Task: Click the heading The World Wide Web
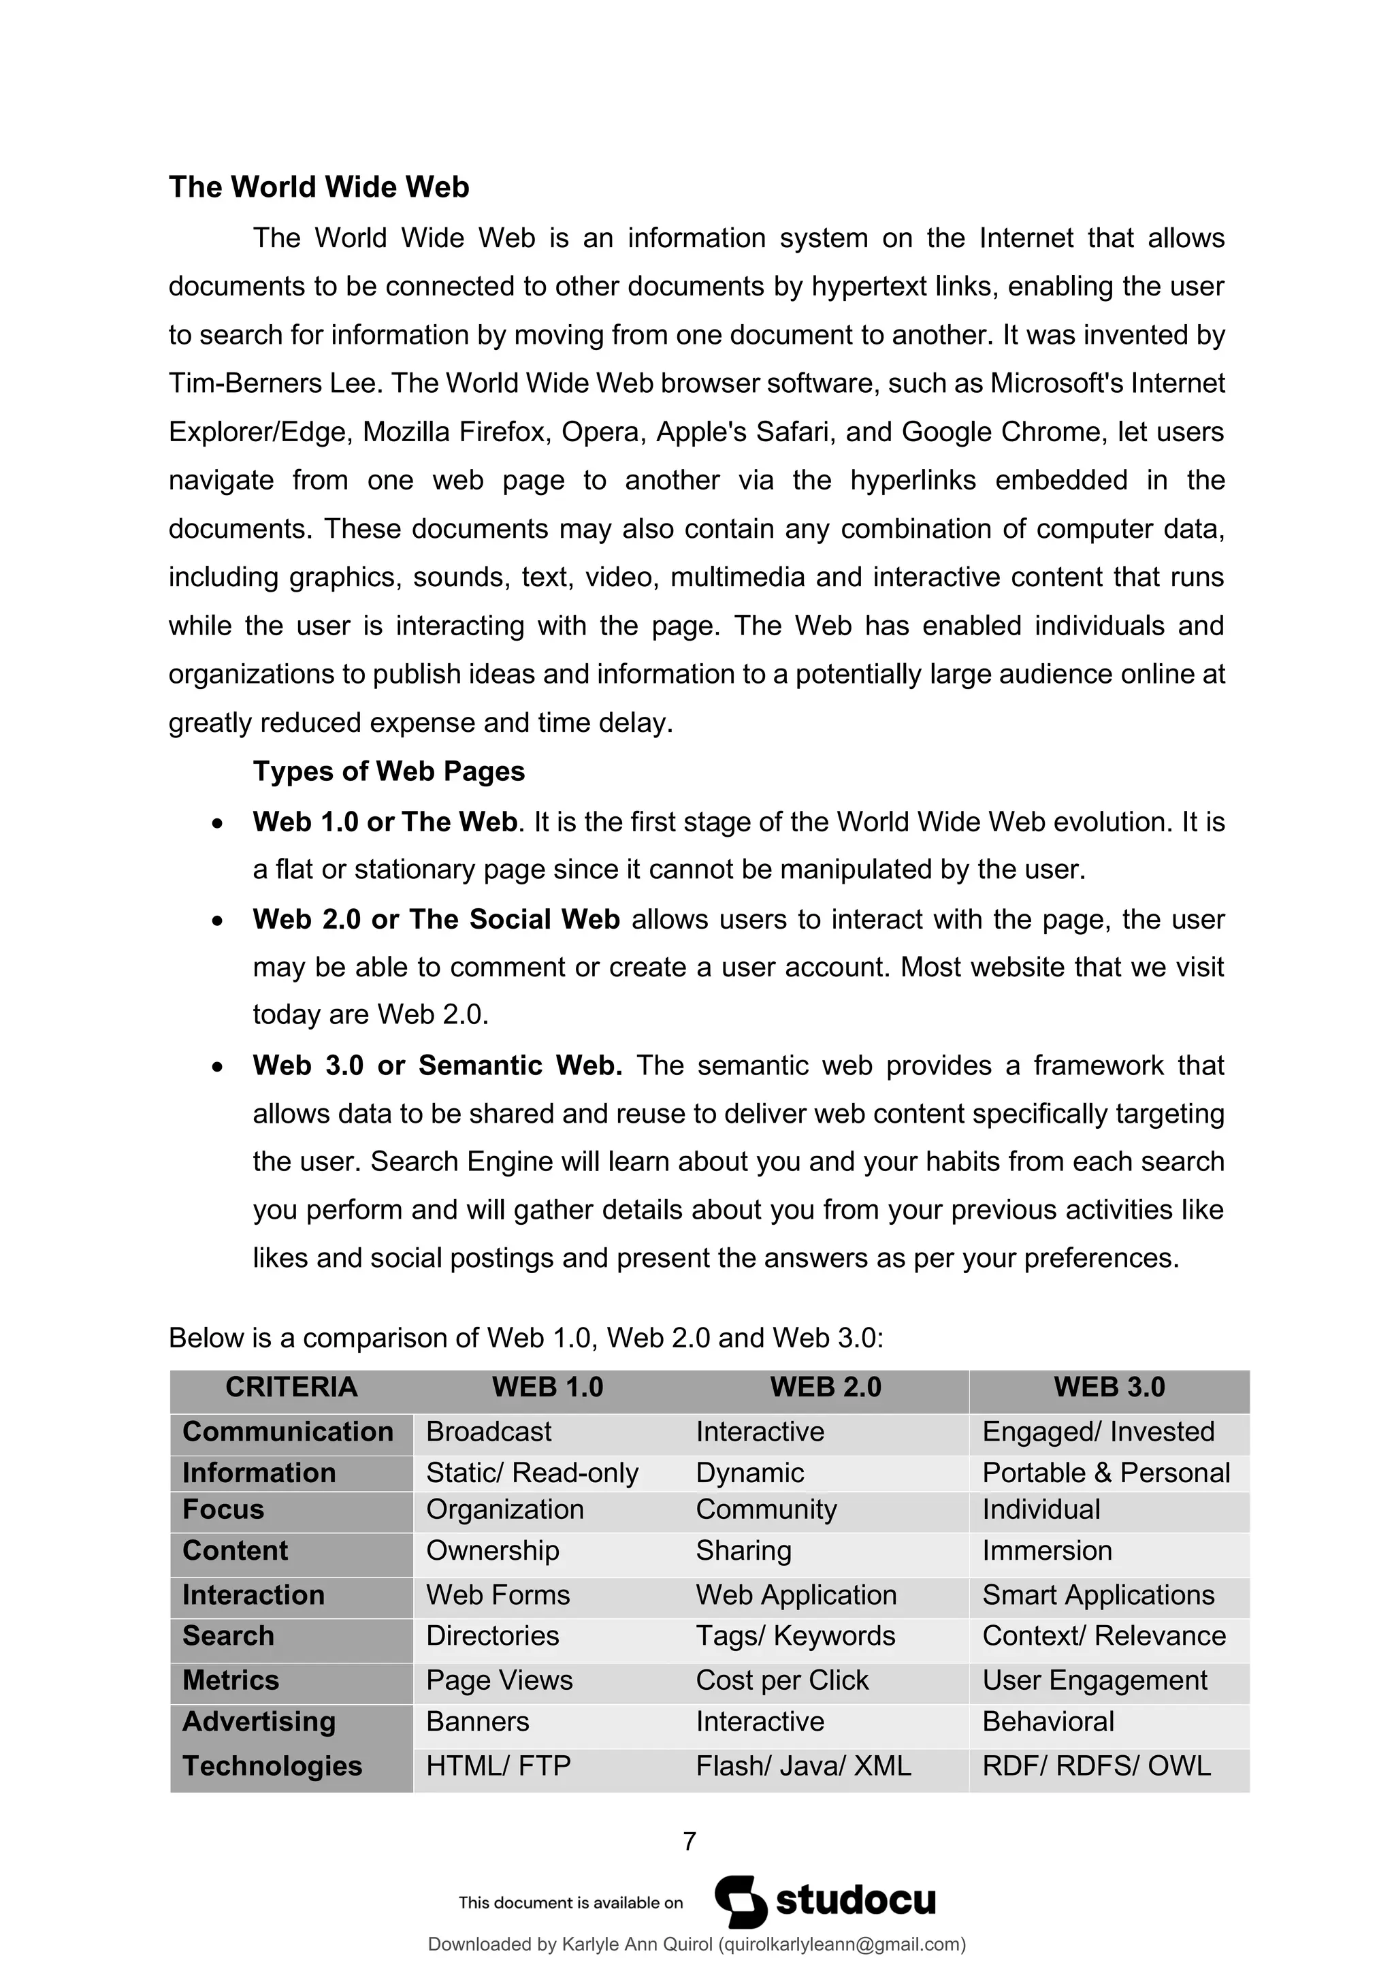click(x=319, y=187)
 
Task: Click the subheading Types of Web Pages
click(x=388, y=771)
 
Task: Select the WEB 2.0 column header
click(x=825, y=1386)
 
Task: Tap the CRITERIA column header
click(x=291, y=1386)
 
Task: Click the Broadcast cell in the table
click(x=489, y=1431)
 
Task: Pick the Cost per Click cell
click(x=782, y=1680)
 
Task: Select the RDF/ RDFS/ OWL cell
click(x=1096, y=1766)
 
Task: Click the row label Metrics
click(x=230, y=1680)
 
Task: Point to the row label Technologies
click(x=272, y=1766)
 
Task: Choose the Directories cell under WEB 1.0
click(x=492, y=1635)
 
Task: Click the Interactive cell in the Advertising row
click(x=760, y=1721)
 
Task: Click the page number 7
click(x=690, y=1840)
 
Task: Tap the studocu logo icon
click(x=741, y=1902)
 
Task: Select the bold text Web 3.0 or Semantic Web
click(x=437, y=1065)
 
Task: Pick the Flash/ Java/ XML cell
click(x=803, y=1766)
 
